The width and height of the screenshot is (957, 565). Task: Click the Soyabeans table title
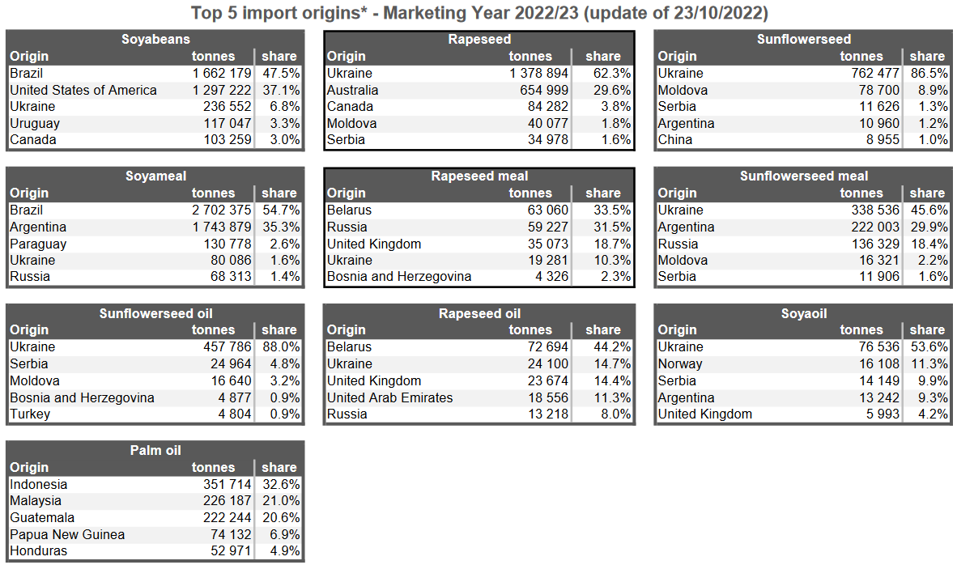155,39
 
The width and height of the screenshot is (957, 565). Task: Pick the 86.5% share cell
928,73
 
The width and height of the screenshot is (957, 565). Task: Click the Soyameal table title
155,176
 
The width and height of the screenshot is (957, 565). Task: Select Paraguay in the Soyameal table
38,244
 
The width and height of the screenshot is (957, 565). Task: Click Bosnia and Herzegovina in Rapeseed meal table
399,276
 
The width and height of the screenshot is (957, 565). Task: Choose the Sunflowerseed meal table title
804,176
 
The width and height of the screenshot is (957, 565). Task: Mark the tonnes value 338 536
869,210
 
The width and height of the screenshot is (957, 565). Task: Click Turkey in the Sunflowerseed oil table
30,414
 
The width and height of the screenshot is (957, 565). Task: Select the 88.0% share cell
280,346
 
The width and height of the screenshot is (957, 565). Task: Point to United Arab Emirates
389,397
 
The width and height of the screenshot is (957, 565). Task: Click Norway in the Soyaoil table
680,363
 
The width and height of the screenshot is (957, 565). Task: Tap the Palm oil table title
155,450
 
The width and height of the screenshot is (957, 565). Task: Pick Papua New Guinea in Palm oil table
67,534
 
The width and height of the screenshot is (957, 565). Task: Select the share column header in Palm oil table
279,467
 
